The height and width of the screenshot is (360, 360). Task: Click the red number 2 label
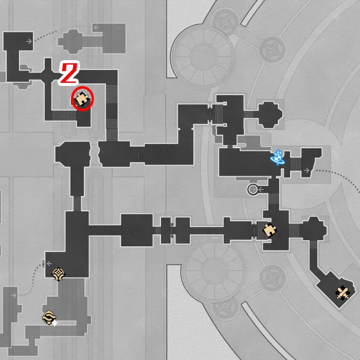[69, 73]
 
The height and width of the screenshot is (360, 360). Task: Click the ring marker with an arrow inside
[253, 190]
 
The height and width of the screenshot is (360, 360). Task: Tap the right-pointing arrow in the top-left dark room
[29, 41]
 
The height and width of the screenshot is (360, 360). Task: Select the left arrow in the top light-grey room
[96, 27]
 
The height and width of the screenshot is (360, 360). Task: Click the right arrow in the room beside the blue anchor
[307, 170]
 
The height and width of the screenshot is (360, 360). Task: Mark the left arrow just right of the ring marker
[261, 190]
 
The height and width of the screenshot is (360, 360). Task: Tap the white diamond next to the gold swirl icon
[54, 323]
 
